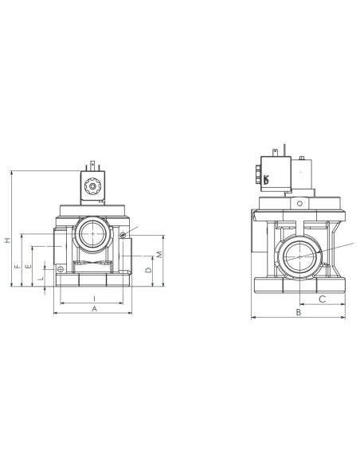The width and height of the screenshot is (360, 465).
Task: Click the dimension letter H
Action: (x=8, y=240)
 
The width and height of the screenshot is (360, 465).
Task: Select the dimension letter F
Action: (x=18, y=266)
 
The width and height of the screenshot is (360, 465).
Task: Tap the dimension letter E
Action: (x=29, y=266)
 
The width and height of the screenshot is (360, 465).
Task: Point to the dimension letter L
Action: (x=41, y=279)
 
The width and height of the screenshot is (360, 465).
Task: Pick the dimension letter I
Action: (x=94, y=299)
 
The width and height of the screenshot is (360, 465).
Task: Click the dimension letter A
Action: (x=94, y=309)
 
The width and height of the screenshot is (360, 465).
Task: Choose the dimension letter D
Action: (x=149, y=270)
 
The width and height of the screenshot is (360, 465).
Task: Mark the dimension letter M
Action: (x=159, y=255)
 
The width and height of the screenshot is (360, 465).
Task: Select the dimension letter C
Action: (x=323, y=299)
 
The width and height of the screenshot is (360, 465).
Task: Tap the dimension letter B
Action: (x=299, y=312)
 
